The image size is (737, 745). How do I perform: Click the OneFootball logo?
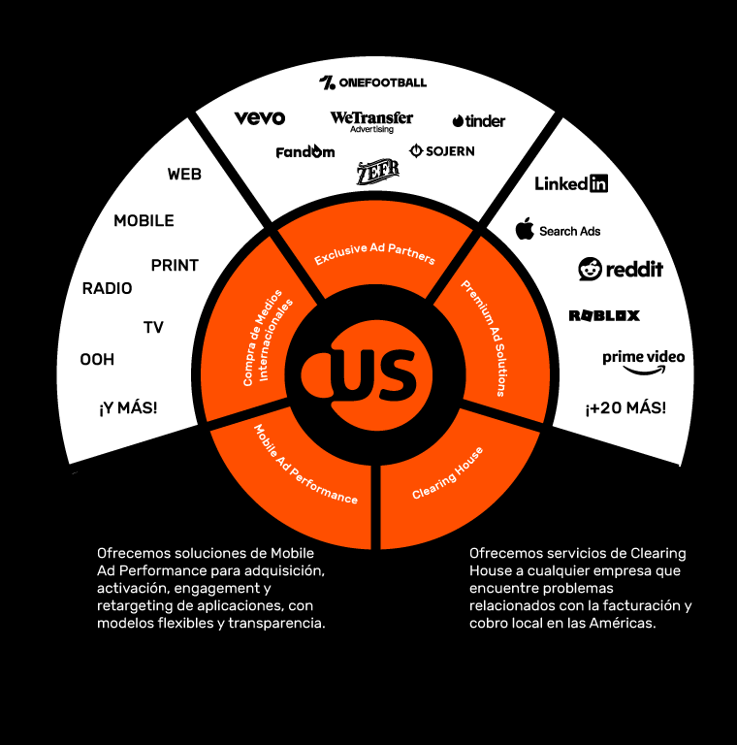[x=372, y=82]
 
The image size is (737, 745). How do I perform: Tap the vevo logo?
[x=260, y=118]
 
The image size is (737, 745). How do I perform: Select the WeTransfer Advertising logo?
[x=371, y=121]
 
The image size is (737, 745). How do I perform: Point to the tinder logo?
[x=478, y=121]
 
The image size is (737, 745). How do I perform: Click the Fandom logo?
[x=305, y=152]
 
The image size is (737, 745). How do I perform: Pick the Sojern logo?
[x=442, y=151]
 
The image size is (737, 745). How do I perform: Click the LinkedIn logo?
[x=571, y=183]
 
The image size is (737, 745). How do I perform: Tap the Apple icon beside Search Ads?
[x=525, y=230]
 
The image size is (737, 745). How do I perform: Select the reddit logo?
[x=621, y=269]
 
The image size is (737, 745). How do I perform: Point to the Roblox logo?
[x=604, y=315]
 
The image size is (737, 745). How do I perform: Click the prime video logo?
[x=643, y=361]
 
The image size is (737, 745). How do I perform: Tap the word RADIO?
[x=107, y=288]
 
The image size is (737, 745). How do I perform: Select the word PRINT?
[x=175, y=265]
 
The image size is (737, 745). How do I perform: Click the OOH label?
[x=97, y=360]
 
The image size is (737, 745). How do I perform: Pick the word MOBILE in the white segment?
[x=144, y=220]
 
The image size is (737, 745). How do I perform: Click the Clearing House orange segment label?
[x=447, y=473]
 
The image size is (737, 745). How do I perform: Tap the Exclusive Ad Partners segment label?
[x=374, y=254]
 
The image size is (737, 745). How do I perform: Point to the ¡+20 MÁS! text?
[x=625, y=407]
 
